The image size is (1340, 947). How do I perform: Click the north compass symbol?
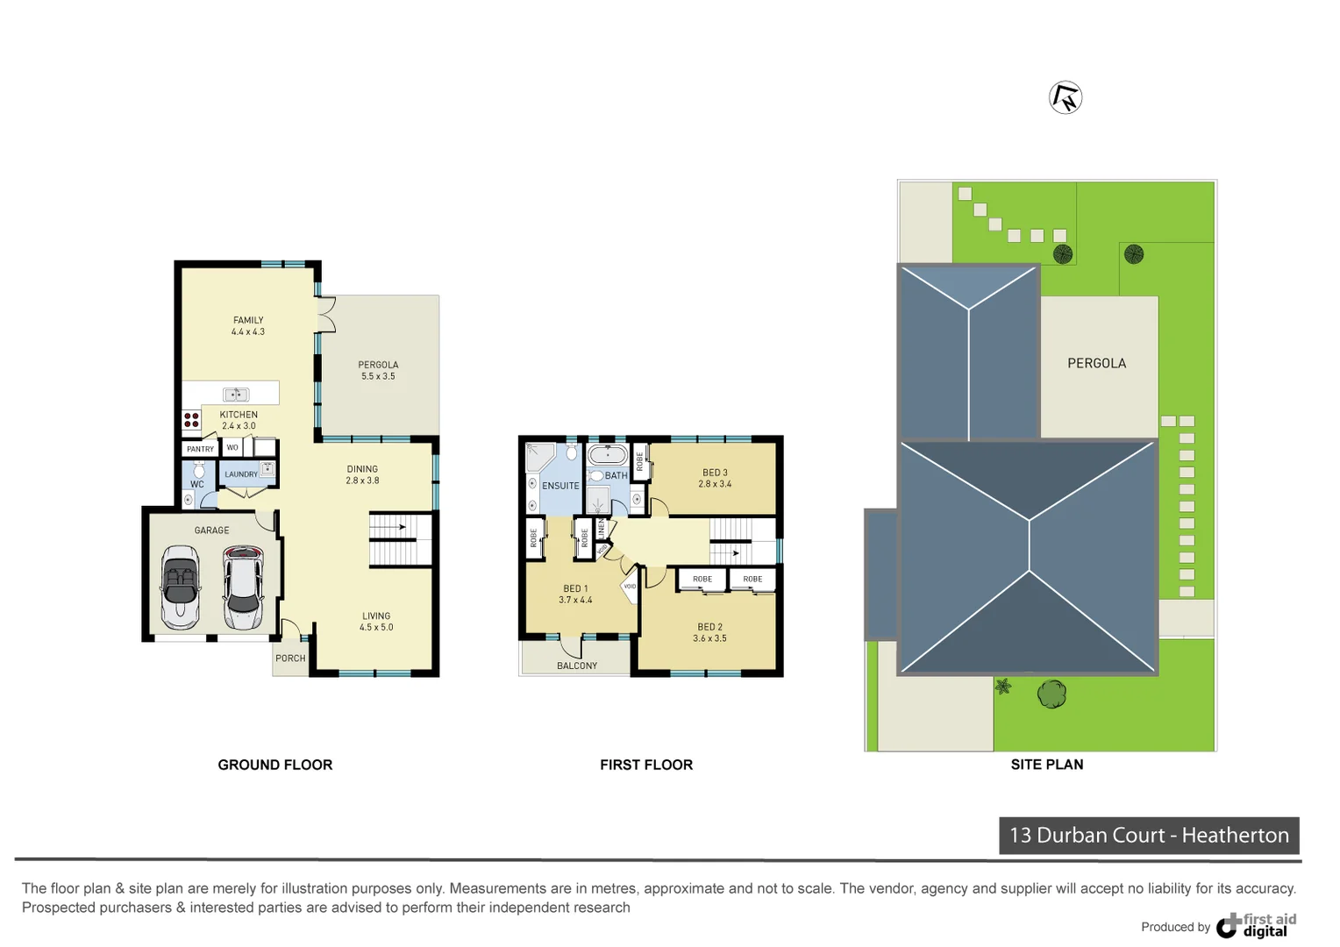point(1066,97)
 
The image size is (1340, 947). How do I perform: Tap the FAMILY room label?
point(248,320)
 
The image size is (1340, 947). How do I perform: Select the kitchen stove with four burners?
point(191,420)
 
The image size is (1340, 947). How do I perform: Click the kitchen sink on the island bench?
point(235,395)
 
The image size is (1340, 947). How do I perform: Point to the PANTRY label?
point(200,449)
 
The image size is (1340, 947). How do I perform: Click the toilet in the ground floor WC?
point(199,470)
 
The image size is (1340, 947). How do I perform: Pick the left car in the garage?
point(181,587)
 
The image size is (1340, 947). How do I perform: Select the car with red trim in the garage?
point(242,587)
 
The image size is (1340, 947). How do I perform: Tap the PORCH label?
point(290,659)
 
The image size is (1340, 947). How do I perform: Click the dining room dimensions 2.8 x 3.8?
point(362,481)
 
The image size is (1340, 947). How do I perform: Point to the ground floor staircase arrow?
point(401,527)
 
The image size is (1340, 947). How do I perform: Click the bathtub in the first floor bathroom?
point(607,455)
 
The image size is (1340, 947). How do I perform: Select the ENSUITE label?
point(560,486)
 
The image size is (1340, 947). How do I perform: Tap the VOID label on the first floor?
point(630,587)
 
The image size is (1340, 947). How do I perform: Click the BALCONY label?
point(577,666)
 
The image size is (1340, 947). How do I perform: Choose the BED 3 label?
point(715,473)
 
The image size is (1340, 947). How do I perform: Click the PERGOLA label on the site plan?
point(1096,363)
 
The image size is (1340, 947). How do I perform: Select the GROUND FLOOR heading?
point(274,765)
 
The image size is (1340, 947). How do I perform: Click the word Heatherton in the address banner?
point(1235,835)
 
